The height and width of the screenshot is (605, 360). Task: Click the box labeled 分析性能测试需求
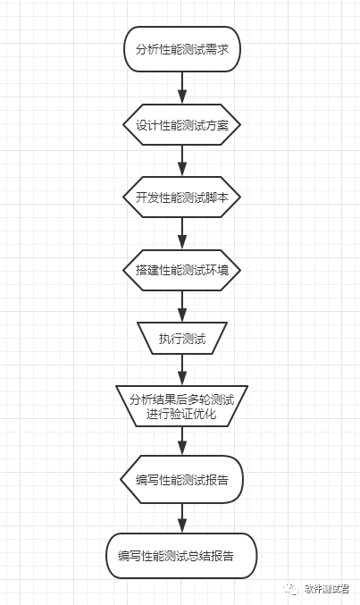(182, 49)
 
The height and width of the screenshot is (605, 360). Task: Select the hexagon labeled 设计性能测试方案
(182, 124)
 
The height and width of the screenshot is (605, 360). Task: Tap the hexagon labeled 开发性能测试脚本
(182, 197)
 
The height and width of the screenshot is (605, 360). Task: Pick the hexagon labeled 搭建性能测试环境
(182, 270)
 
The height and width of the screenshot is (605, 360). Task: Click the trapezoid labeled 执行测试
(182, 339)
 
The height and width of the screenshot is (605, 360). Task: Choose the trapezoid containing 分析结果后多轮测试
(182, 406)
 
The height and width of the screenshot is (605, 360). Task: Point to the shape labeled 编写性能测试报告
(182, 479)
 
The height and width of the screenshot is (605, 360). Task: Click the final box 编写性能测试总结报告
(181, 556)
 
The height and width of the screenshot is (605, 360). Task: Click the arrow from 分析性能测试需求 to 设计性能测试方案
(182, 88)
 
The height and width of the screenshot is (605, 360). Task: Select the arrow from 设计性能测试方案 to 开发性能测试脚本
(182, 161)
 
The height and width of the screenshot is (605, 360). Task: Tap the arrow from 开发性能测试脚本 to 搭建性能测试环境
(182, 233)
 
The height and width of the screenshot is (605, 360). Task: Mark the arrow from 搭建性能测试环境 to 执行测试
(182, 307)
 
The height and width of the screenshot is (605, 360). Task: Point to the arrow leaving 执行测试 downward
(182, 370)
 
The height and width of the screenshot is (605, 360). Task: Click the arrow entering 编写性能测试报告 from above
(182, 441)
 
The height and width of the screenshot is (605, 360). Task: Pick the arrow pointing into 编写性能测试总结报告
(182, 518)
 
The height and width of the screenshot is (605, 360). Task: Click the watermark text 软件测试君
(327, 589)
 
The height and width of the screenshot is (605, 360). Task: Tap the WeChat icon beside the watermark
(291, 589)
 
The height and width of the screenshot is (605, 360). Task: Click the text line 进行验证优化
(181, 414)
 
